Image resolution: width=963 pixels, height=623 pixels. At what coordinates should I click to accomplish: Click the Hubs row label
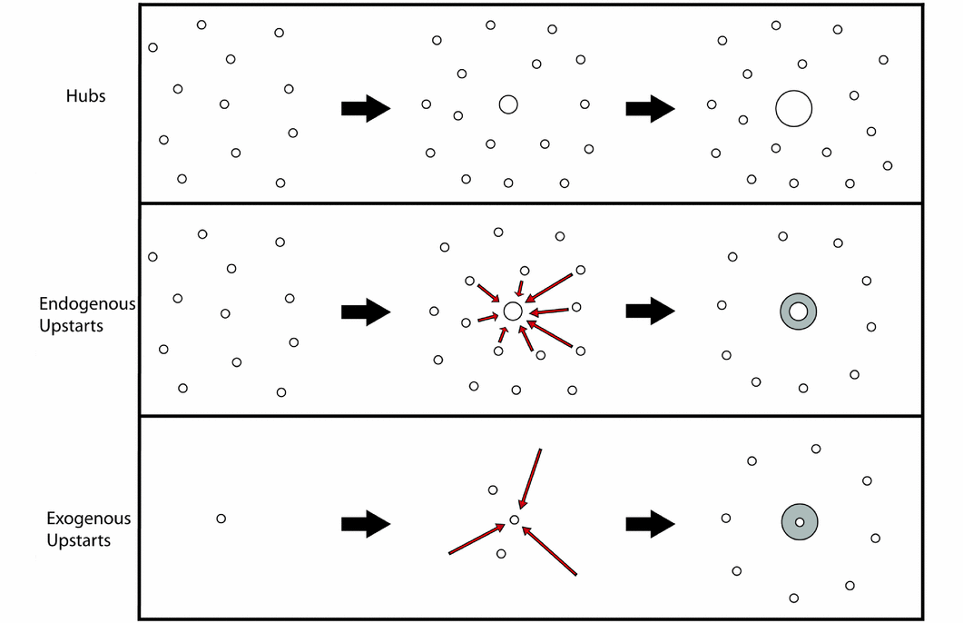point(85,95)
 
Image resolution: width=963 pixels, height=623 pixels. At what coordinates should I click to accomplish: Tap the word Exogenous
point(89,519)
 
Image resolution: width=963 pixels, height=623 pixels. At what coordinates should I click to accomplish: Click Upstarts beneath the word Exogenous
point(79,540)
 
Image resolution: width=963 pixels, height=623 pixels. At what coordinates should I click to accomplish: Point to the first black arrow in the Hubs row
point(365,108)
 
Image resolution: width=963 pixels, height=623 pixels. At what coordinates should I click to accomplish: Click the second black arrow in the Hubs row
point(650,108)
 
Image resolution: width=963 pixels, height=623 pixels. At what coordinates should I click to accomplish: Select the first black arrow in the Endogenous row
point(365,311)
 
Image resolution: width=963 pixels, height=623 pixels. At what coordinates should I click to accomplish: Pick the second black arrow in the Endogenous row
point(650,311)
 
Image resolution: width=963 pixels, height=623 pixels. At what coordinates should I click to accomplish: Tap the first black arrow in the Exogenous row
point(365,524)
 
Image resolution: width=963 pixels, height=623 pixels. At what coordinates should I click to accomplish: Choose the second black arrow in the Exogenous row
point(650,524)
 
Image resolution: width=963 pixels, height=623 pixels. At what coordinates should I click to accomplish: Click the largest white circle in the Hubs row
point(793,108)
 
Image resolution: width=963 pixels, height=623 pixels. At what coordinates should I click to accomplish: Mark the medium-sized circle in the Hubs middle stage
point(507,104)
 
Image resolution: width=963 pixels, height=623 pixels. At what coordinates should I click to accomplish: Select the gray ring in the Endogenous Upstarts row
point(799,311)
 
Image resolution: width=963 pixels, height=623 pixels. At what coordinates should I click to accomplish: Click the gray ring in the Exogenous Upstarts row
point(800,522)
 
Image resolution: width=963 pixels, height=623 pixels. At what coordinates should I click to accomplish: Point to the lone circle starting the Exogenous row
point(221,519)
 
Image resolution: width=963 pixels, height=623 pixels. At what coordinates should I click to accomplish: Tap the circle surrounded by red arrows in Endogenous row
point(512,311)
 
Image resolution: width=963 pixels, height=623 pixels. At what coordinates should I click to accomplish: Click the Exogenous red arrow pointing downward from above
point(530,479)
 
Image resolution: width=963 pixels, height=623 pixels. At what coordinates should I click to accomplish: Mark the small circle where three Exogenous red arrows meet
point(514,520)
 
